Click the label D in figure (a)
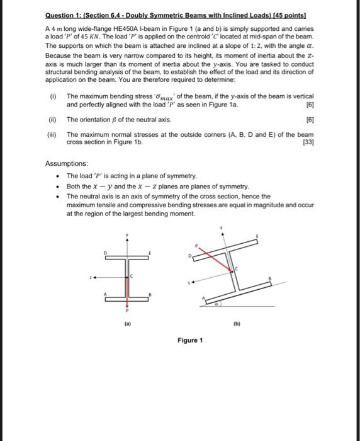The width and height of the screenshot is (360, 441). (106, 252)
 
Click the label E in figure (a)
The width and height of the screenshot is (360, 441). (149, 252)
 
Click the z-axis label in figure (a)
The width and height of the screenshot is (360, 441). (92, 275)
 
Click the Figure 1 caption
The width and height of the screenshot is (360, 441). (190, 341)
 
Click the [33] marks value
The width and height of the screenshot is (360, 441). (308, 142)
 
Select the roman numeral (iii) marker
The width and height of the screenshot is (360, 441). (54, 135)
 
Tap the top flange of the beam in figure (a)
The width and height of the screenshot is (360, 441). (128, 258)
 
